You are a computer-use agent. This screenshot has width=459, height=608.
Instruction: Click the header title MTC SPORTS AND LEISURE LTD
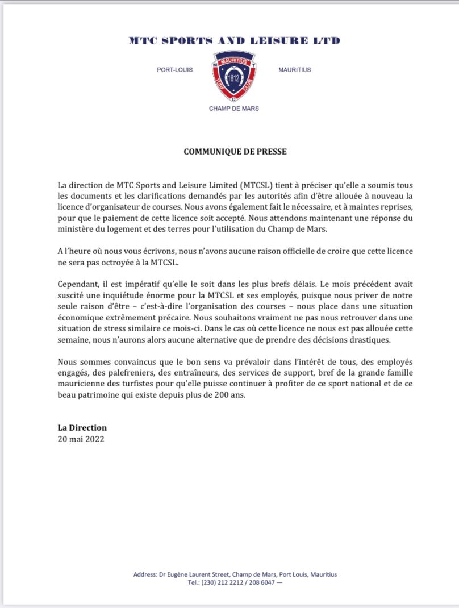tap(234, 40)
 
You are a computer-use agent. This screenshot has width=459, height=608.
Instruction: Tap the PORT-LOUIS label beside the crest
tap(174, 70)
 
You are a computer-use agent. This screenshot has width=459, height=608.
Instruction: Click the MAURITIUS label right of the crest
tap(295, 70)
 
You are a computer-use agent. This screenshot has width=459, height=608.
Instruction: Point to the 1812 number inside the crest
tap(233, 77)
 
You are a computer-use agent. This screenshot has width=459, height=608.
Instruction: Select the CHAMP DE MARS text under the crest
tap(233, 108)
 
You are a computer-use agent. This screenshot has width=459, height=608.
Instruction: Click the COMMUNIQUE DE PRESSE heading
tap(235, 152)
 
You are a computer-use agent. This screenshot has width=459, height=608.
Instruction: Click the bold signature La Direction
tap(82, 428)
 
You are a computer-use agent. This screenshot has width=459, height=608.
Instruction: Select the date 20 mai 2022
tap(81, 439)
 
